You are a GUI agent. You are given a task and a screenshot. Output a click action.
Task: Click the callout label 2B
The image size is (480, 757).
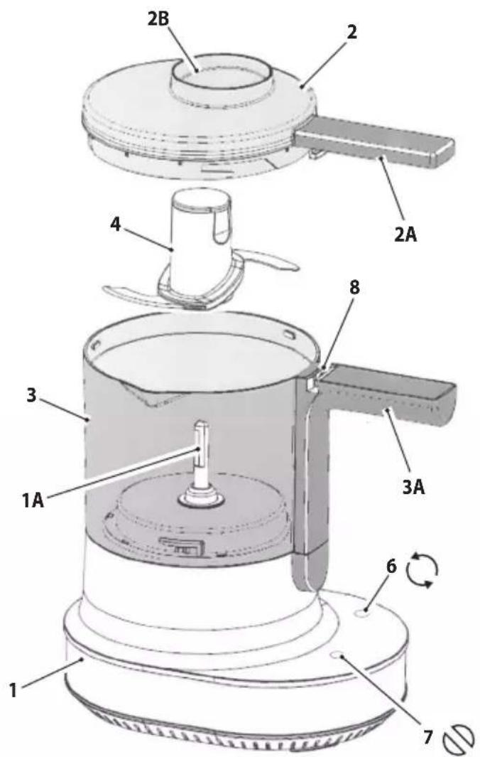pos(159,21)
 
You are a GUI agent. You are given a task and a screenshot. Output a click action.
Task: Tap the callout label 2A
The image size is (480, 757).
pos(405,234)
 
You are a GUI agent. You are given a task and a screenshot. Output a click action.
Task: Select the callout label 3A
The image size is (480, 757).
pos(413,487)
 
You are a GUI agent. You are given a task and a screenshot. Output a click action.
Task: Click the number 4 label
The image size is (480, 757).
pos(115,224)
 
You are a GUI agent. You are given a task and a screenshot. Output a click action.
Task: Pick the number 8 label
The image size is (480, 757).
pos(354,288)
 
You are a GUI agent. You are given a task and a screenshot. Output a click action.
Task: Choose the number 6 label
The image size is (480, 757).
pos(391,566)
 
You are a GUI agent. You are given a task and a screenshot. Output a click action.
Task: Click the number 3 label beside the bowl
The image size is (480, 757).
pos(31,395)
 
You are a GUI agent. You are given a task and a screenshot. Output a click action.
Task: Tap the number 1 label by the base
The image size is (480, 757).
pos(14,690)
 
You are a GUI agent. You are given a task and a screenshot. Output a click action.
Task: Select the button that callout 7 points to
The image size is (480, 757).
pos(338,655)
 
